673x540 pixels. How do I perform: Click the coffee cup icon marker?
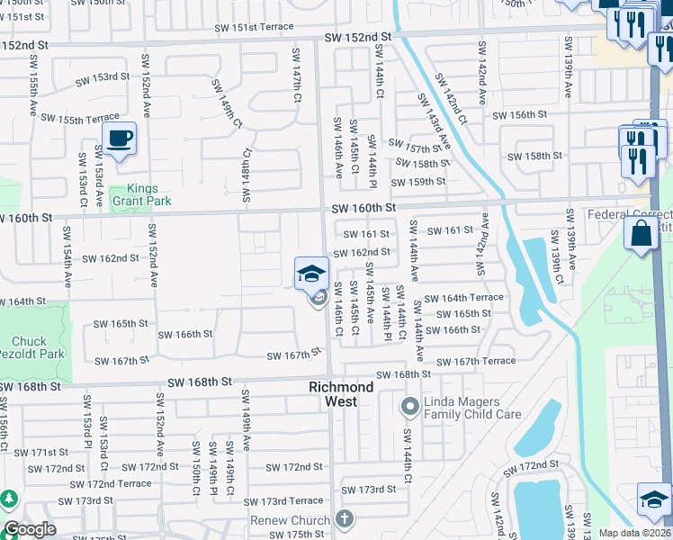click(119, 139)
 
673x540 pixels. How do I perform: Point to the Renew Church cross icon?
click(343, 518)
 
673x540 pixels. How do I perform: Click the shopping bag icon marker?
click(641, 233)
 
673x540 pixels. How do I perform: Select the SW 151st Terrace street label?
click(248, 27)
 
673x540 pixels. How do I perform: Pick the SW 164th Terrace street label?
click(464, 298)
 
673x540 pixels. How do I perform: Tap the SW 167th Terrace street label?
click(477, 361)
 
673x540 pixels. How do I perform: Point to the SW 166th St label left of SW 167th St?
click(184, 334)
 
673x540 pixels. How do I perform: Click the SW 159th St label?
click(418, 181)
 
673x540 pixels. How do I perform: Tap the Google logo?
click(30, 529)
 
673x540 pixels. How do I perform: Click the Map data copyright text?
click(633, 533)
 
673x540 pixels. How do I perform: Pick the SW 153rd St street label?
click(105, 76)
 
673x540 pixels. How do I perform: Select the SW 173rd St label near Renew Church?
click(371, 489)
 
